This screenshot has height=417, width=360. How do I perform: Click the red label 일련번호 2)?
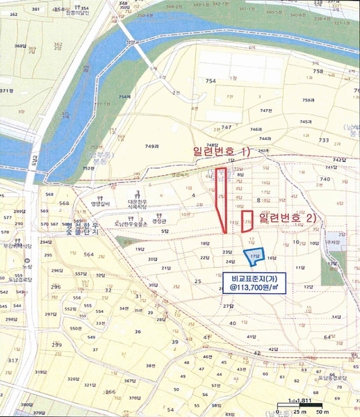pos(286,218)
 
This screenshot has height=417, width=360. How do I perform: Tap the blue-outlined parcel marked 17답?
pos(254,256)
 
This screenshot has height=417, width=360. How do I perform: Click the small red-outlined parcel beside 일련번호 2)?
pos(247,221)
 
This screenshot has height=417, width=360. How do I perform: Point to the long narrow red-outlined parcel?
pos(221,198)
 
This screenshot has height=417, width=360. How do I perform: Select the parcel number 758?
pos(318,71)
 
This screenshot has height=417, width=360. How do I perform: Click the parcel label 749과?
pos(152,146)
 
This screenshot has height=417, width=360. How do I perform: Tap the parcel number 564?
pos(88,254)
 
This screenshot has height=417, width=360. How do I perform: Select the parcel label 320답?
pos(72,379)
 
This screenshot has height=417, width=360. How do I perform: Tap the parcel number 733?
pos(324,140)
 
